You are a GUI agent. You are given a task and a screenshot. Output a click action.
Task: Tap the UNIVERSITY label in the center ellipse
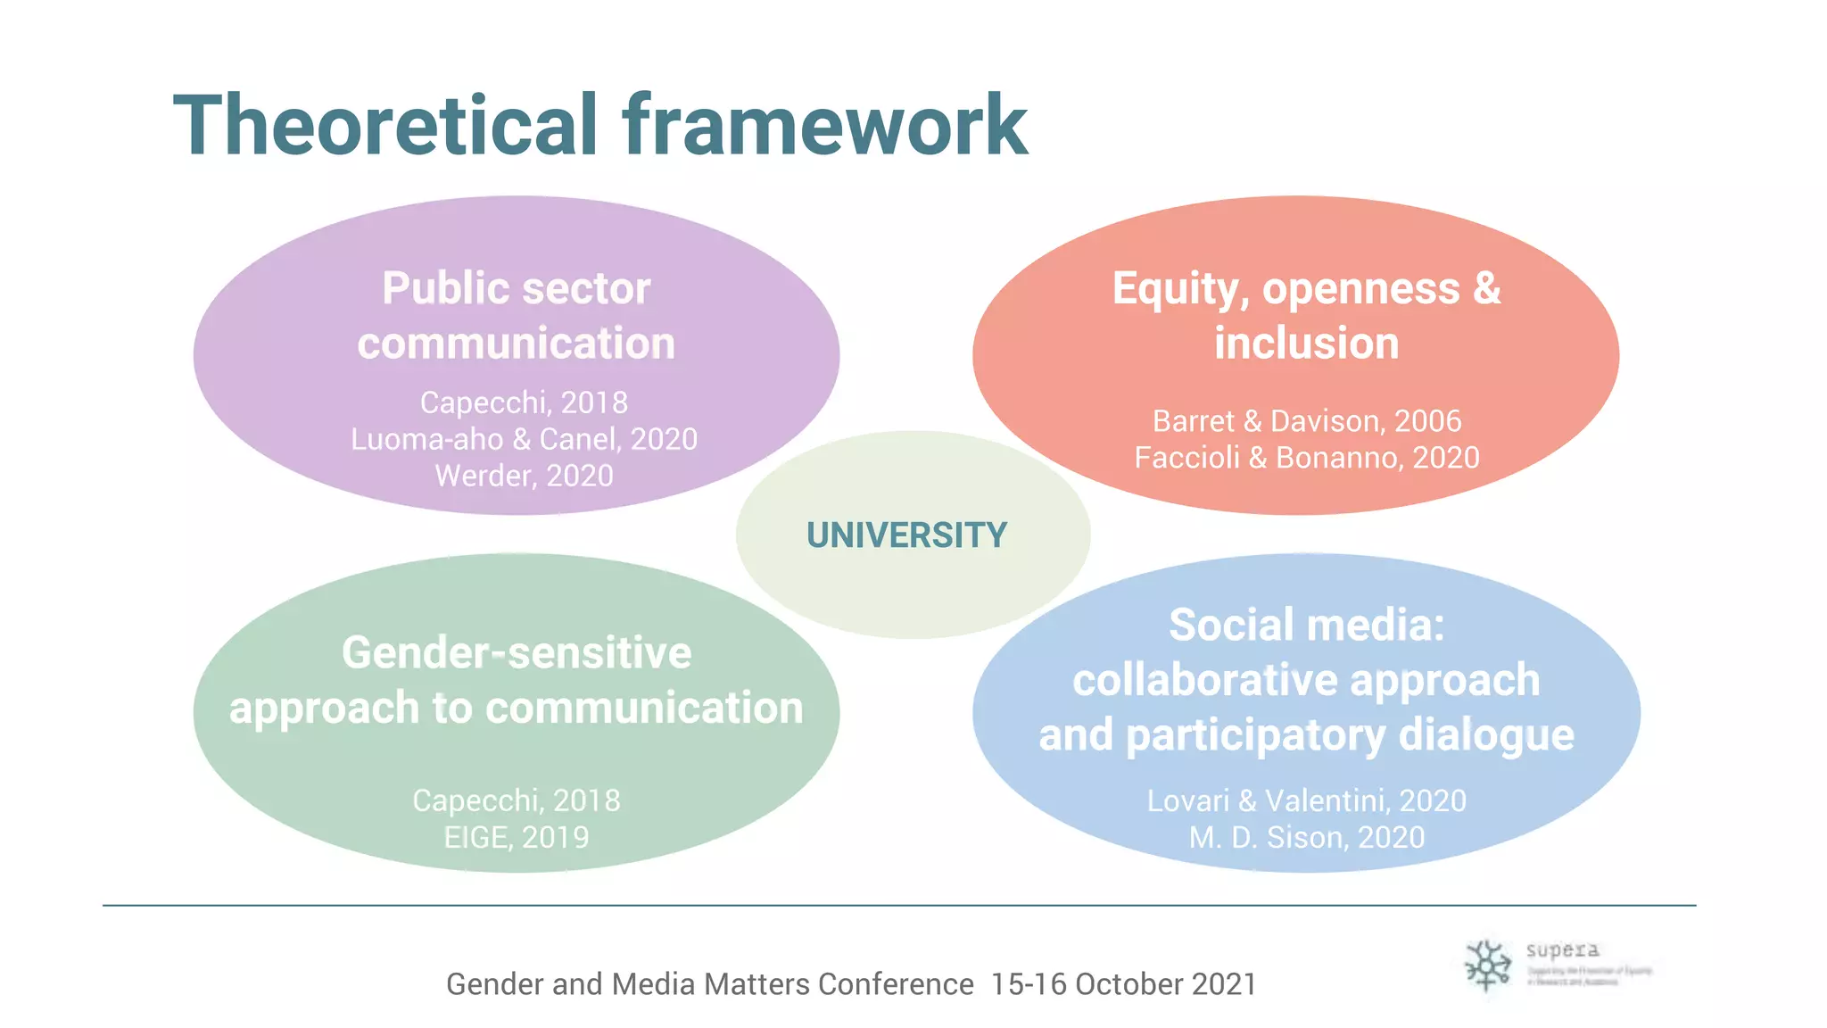click(906, 535)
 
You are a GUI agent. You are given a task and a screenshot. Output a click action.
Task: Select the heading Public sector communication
click(517, 316)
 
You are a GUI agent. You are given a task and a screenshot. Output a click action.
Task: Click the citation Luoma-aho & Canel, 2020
click(524, 439)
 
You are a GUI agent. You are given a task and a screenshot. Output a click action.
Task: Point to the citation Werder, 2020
click(524, 476)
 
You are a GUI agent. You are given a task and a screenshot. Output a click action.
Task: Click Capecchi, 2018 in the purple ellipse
click(524, 402)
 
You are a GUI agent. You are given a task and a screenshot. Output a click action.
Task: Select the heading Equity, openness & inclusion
click(1306, 316)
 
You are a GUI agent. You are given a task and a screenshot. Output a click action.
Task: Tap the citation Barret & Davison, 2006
click(1306, 420)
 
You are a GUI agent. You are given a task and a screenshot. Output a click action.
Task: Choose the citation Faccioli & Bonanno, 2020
click(1306, 458)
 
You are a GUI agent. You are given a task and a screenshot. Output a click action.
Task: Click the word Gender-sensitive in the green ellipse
click(517, 652)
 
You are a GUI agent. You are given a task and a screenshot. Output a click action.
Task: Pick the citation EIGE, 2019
click(517, 837)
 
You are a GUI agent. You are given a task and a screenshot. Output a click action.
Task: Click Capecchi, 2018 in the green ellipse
click(517, 800)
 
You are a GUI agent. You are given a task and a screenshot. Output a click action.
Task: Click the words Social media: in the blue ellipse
click(1306, 625)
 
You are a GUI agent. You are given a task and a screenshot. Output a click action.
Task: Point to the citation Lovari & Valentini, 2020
click(1306, 800)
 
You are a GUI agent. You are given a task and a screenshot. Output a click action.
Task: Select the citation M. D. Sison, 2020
click(1306, 837)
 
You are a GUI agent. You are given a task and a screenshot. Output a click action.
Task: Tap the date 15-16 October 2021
click(1123, 983)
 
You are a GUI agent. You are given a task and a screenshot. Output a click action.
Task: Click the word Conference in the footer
click(896, 983)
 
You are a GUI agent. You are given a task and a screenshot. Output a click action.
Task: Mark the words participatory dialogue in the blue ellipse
click(1350, 735)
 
